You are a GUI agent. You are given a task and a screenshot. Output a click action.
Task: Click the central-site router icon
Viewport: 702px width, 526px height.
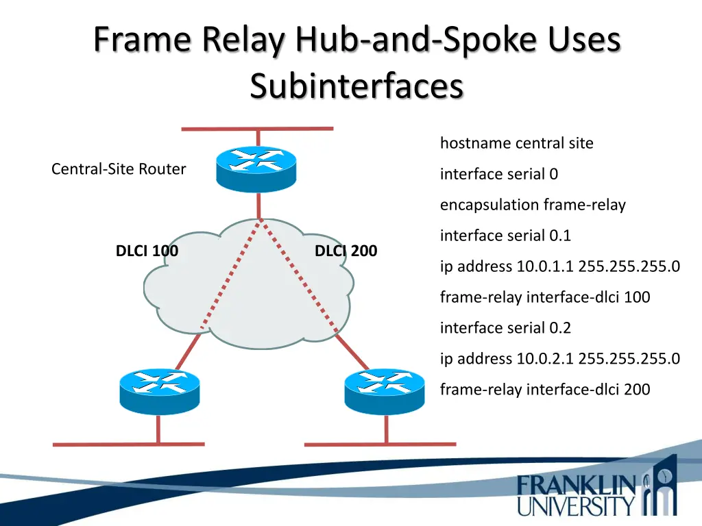pyautogui.click(x=256, y=168)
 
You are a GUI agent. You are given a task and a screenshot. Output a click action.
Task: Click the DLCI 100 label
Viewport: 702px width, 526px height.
pyautogui.click(x=147, y=251)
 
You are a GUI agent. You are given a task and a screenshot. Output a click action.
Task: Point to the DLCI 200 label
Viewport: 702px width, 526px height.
pyautogui.click(x=346, y=251)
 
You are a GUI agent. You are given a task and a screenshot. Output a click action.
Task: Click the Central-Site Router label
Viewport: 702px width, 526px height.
pyautogui.click(x=119, y=169)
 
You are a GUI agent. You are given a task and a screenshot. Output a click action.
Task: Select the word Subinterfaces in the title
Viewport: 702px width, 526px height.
pyautogui.click(x=356, y=87)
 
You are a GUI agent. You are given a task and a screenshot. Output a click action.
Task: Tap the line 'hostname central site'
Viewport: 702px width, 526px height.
pyautogui.click(x=516, y=143)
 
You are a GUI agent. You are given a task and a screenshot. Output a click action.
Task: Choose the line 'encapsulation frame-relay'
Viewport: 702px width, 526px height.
pyautogui.click(x=533, y=205)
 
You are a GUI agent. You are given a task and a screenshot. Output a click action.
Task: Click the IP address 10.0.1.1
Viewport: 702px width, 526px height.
pyautogui.click(x=545, y=266)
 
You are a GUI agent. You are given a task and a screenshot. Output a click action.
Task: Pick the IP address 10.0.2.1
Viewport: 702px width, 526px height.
pyautogui.click(x=545, y=358)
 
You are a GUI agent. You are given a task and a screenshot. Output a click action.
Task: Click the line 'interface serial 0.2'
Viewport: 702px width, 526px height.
pyautogui.click(x=505, y=328)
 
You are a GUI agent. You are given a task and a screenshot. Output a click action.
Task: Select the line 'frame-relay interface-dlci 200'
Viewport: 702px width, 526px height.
pyautogui.click(x=545, y=390)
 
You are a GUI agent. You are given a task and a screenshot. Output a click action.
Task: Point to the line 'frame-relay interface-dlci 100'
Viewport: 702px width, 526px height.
pyautogui.click(x=545, y=297)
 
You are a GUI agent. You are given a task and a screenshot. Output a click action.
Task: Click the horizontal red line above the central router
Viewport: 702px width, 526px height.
pyautogui.click(x=257, y=128)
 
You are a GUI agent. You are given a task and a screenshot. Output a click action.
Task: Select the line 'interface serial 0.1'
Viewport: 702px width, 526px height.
pyautogui.click(x=505, y=236)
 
